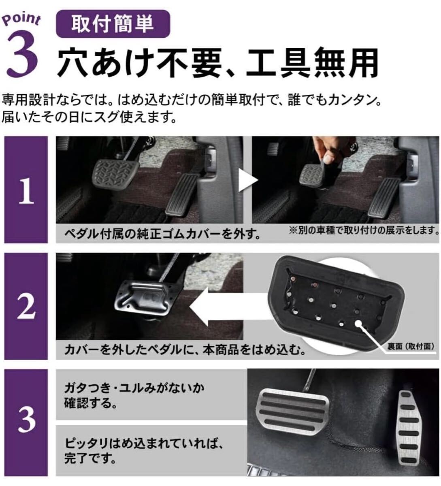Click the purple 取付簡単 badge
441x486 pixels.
click(x=113, y=24)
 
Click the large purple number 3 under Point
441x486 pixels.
click(x=22, y=54)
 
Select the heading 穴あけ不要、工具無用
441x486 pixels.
click(x=217, y=63)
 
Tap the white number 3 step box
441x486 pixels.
click(x=26, y=423)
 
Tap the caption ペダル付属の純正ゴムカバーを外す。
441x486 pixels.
click(x=162, y=234)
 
